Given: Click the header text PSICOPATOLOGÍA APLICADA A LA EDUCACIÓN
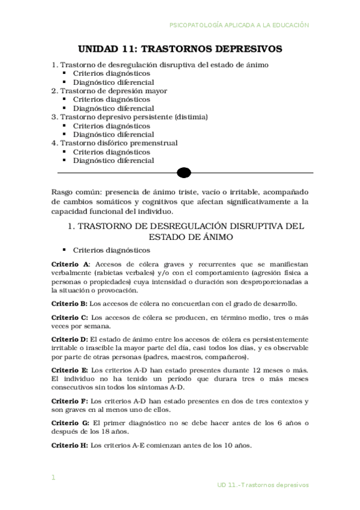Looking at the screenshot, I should coord(239,25).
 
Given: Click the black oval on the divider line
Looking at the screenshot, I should coord(184,173).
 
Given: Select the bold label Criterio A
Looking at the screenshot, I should coord(70,264).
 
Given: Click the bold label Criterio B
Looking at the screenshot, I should coord(70,303).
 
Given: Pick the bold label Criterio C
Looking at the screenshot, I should coord(70,317).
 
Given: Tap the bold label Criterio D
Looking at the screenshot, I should coord(70,339).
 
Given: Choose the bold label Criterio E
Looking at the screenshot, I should coord(70,370).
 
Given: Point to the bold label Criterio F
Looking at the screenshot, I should coord(70,401).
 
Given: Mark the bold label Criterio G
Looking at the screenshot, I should coord(70,423).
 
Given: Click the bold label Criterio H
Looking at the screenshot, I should coord(70,446).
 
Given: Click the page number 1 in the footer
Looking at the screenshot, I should coord(53,478).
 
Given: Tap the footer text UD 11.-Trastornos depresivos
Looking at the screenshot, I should coord(263,484).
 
